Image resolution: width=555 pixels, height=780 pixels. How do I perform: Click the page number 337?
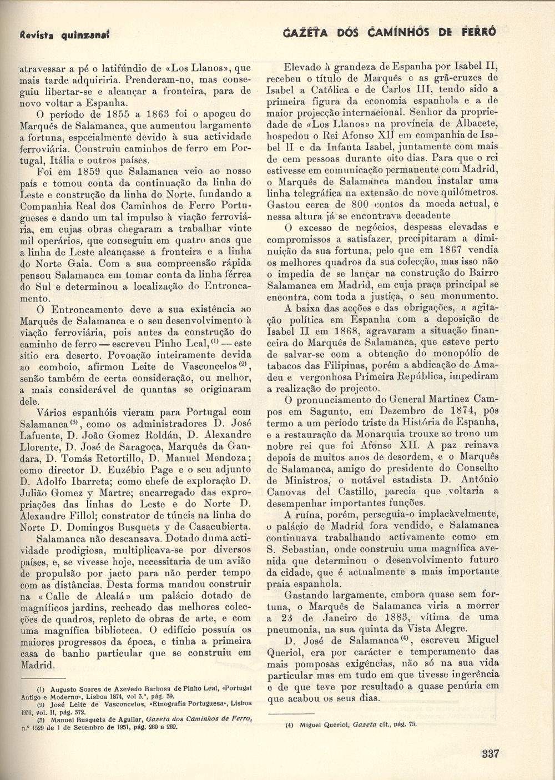click(x=491, y=753)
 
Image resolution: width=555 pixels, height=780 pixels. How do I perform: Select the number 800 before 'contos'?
click(x=349, y=204)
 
